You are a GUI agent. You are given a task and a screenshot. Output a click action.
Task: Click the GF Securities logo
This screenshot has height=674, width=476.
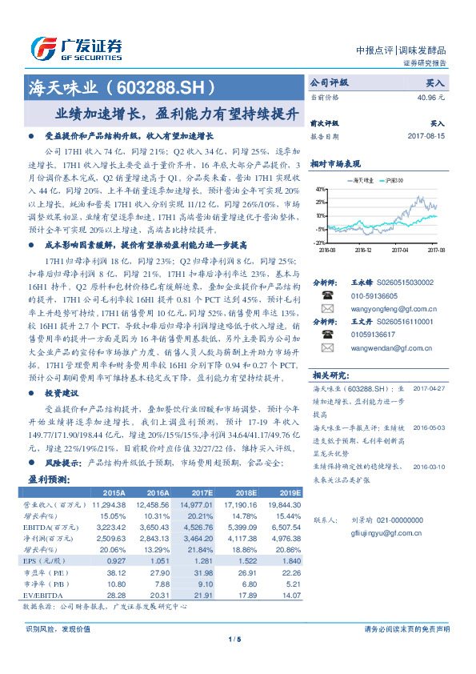[x=76, y=49]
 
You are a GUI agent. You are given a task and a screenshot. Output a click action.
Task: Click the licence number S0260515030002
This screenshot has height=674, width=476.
[x=404, y=283]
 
